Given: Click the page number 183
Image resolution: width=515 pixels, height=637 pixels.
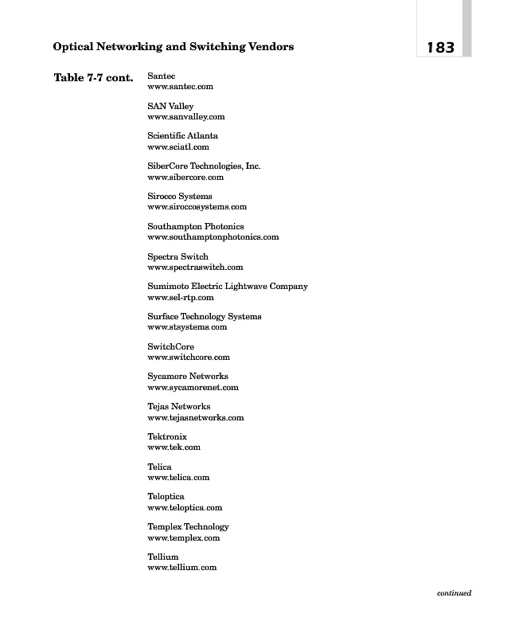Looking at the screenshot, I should [440, 48].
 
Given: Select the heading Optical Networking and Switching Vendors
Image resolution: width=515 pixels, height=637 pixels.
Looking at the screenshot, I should [173, 47].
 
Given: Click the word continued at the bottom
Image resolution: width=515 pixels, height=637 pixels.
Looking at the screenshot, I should [454, 592].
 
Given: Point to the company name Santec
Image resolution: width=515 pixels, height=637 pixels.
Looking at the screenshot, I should [162, 76].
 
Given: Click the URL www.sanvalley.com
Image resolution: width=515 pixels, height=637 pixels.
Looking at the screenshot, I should [186, 117].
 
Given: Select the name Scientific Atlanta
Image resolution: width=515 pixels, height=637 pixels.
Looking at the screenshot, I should [182, 136].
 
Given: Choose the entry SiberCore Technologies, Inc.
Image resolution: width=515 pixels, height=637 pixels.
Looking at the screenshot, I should [204, 166].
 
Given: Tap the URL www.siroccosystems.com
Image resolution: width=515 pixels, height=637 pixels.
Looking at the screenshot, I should [197, 207].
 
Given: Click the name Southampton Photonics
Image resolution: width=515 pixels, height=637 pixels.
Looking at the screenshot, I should [196, 227].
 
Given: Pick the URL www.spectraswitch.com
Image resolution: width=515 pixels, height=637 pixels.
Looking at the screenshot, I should [195, 268].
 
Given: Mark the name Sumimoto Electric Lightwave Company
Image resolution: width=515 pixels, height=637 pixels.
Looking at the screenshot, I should [228, 287].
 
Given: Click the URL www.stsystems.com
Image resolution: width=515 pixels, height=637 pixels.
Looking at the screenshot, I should [187, 327].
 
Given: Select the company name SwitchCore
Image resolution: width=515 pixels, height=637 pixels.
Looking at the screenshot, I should [170, 347].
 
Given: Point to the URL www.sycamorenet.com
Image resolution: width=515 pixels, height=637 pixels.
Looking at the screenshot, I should [193, 388].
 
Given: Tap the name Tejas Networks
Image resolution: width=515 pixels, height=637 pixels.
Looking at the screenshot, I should [179, 407].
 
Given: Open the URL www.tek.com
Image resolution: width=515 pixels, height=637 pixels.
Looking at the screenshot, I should [174, 447].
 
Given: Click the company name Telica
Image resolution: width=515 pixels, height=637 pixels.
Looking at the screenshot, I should [159, 467].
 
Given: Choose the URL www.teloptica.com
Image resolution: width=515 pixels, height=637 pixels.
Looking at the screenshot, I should [185, 507].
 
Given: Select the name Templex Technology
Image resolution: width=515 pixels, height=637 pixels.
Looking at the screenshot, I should [188, 527].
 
